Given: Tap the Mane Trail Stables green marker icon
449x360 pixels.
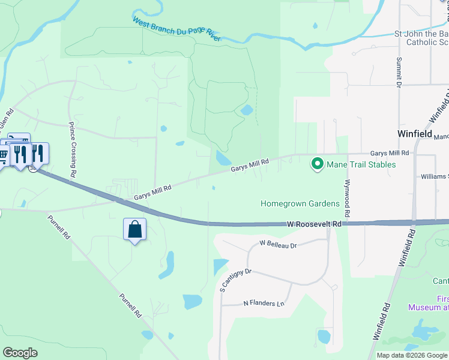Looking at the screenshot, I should (316, 163).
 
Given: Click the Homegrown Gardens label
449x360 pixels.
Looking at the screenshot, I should (300, 203).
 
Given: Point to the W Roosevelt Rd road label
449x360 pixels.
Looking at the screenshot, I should (314, 224).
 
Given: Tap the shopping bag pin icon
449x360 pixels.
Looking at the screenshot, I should (134, 229).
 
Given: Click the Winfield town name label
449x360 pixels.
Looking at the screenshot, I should (415, 134).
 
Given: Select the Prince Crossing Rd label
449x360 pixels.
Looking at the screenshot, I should (72, 149).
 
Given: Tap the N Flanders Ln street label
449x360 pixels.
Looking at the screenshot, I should (264, 304).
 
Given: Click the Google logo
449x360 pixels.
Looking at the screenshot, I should (20, 353).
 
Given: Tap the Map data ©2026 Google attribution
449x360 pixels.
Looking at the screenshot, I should (412, 355).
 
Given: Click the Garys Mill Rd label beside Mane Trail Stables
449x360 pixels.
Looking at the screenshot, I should (389, 153).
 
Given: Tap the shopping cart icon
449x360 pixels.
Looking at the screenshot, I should (4, 155).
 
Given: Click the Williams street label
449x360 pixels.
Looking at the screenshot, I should (434, 176).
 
